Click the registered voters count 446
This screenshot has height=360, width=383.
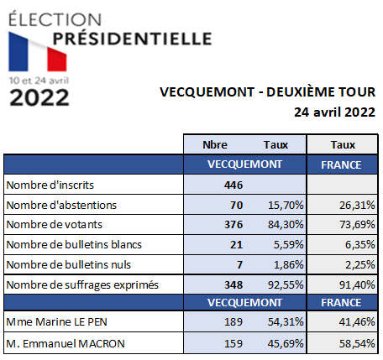click(x=233, y=185)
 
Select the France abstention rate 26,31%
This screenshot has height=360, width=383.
click(x=357, y=206)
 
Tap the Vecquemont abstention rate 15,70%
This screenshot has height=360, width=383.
click(x=286, y=206)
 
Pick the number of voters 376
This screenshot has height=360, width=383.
click(x=233, y=225)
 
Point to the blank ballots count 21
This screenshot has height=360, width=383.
click(x=236, y=245)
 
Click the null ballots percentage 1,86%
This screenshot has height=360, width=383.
click(x=288, y=264)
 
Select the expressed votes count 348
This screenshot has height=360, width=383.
click(x=233, y=285)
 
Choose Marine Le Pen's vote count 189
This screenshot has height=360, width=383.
click(x=233, y=322)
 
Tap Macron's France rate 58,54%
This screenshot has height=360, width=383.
click(x=357, y=344)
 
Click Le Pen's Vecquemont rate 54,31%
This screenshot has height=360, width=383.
click(x=286, y=322)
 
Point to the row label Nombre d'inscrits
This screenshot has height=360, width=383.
click(x=50, y=185)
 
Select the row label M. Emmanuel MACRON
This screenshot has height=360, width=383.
click(x=66, y=344)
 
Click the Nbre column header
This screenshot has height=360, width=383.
click(x=215, y=145)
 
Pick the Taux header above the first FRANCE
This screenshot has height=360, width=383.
click(x=343, y=145)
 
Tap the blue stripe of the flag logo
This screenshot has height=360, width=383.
click(x=18, y=52)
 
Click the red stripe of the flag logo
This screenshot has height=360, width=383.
click(x=57, y=60)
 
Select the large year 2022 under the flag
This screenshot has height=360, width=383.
click(x=39, y=97)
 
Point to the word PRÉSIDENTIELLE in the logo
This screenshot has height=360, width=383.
click(x=132, y=39)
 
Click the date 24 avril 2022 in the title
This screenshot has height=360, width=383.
click(x=334, y=112)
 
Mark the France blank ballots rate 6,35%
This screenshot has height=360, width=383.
click(x=359, y=245)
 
